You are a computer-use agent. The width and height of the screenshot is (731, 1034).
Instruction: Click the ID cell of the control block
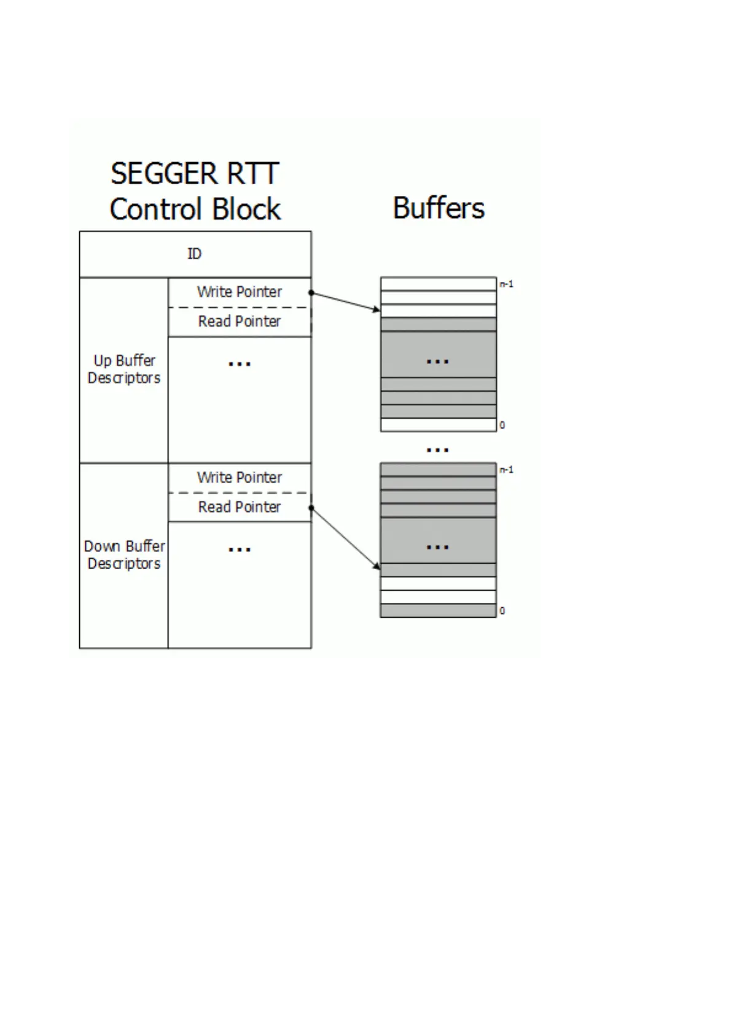(194, 254)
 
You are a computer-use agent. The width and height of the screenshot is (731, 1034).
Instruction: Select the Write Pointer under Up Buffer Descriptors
(240, 292)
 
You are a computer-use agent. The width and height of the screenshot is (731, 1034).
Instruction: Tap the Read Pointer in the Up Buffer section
(240, 321)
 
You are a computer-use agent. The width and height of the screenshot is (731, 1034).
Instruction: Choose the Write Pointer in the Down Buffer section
(240, 477)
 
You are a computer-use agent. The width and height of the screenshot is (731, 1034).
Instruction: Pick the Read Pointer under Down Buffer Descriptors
(240, 507)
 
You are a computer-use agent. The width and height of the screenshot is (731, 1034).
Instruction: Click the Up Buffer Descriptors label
(124, 369)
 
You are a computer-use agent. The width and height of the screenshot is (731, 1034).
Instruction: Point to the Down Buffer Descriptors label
(124, 554)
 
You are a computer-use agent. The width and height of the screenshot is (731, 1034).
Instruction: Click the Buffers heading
(439, 208)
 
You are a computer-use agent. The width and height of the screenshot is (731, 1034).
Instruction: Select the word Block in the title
(248, 209)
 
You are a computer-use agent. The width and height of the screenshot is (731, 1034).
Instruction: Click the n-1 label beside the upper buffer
(506, 284)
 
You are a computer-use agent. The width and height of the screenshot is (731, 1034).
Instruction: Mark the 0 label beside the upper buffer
(502, 425)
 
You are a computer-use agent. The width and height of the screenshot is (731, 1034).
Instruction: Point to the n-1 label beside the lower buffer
(506, 470)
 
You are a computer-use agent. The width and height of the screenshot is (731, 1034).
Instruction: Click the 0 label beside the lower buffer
(502, 611)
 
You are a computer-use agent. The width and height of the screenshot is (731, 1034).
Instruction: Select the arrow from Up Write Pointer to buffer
(346, 301)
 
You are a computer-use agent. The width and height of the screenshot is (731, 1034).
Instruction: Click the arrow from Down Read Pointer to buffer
(346, 538)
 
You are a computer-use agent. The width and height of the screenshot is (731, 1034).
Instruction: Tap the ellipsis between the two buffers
(437, 450)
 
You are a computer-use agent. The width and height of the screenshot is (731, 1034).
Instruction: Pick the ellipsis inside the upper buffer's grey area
(437, 362)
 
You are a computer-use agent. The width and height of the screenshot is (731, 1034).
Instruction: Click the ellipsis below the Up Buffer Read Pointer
(240, 364)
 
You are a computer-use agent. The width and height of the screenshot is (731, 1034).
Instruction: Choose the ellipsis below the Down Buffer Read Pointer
(240, 550)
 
